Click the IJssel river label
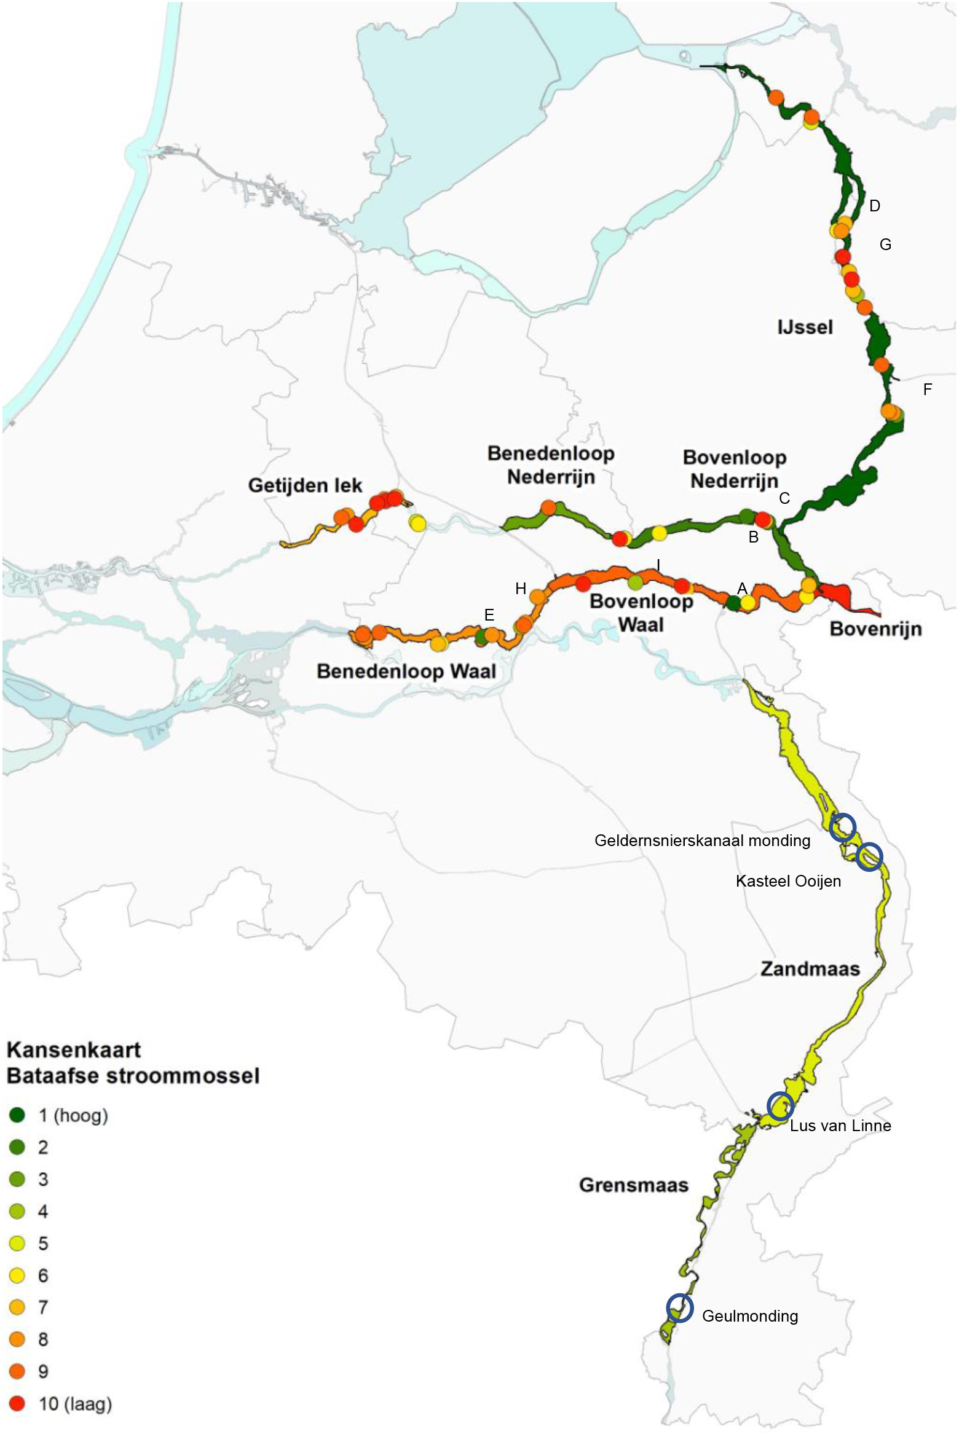click(805, 327)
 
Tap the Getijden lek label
click(305, 485)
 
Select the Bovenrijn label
click(875, 629)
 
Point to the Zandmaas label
click(810, 969)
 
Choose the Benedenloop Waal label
click(406, 671)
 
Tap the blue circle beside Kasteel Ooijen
click(869, 856)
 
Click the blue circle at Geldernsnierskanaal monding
click(842, 827)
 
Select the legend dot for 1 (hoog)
click(17, 1115)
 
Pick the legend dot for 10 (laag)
click(17, 1404)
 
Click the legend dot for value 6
click(17, 1276)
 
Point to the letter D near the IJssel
click(875, 206)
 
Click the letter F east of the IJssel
click(928, 389)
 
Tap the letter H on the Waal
click(521, 589)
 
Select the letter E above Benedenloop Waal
click(489, 615)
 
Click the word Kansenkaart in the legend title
click(74, 1049)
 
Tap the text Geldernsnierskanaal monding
click(702, 841)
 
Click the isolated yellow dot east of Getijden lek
click(417, 523)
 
